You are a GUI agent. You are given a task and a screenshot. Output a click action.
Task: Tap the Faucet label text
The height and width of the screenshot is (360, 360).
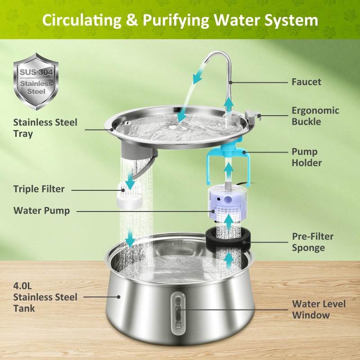tap(306, 82)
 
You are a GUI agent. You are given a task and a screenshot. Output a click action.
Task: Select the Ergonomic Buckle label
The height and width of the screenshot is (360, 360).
tap(315, 116)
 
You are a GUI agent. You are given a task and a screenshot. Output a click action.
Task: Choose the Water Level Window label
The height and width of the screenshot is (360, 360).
tap(319, 309)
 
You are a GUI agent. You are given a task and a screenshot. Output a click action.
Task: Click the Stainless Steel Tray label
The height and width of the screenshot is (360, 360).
tap(45, 128)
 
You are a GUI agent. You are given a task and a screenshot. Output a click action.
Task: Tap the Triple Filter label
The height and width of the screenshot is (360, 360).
tap(39, 189)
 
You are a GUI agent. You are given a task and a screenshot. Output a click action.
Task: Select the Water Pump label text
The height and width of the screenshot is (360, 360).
tap(41, 211)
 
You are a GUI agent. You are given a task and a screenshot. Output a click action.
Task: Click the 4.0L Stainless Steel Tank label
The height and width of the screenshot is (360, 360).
tap(45, 297)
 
